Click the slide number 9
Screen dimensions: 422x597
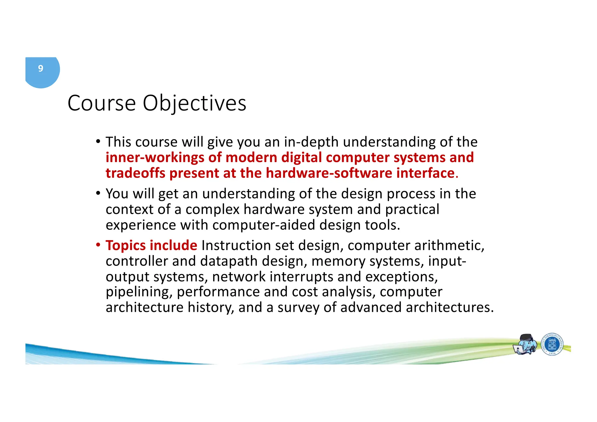pos(41,68)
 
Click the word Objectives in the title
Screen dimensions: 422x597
pos(194,103)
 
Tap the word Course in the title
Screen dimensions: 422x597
pos(102,103)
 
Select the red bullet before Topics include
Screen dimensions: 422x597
pos(98,244)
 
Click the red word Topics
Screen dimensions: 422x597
pos(125,245)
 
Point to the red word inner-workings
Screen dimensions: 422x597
pos(154,158)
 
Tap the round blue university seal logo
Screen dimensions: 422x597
pos(552,344)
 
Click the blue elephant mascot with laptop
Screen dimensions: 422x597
pos(526,344)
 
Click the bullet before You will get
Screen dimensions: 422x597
pos(98,193)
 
